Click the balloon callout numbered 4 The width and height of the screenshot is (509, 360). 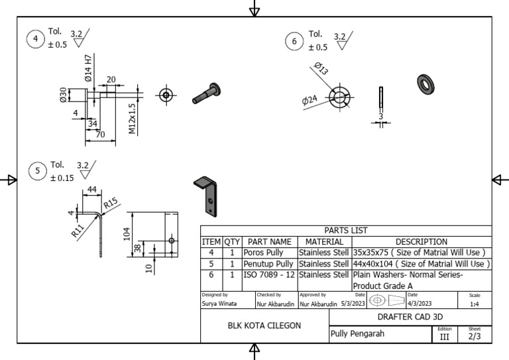point(36,38)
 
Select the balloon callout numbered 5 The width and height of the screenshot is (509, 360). point(38,172)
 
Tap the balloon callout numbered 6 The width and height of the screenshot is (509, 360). point(295,42)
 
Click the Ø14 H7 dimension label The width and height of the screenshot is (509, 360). point(88,68)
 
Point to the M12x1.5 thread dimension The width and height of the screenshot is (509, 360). point(133,119)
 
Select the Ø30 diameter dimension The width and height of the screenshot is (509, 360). point(64,95)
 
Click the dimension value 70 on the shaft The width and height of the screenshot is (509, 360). point(100,135)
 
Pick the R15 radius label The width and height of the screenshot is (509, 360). point(110,202)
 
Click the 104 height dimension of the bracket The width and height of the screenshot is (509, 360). point(126,234)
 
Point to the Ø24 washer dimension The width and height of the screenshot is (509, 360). point(310,101)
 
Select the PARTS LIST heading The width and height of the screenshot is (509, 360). point(346,230)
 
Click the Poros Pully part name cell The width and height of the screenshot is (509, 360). point(269,253)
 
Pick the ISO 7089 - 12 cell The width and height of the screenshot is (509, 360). point(269,274)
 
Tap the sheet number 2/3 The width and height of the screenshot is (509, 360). point(475,337)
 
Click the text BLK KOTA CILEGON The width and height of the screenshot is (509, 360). point(264,326)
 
